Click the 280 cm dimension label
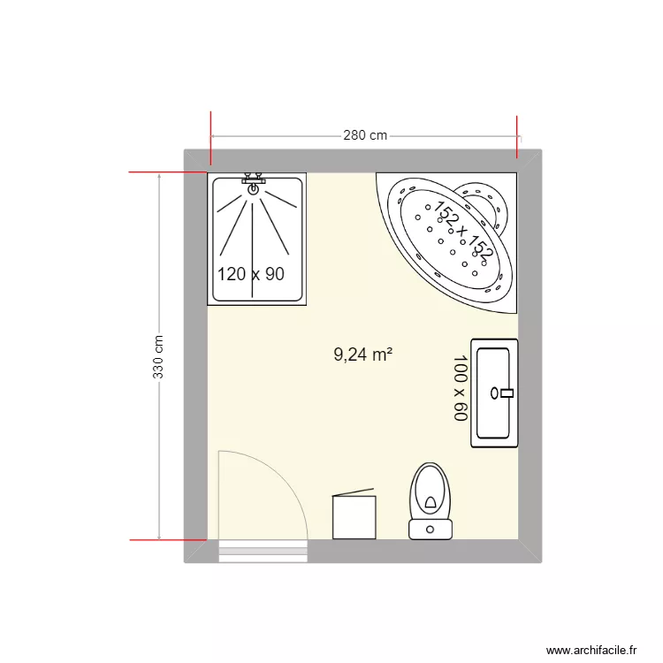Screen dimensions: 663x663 pos(365,136)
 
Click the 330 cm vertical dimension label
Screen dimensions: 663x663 pos(159,356)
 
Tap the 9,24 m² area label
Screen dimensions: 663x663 pos(362,355)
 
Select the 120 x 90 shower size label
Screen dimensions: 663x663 pos(251,274)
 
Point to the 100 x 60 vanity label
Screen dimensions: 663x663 pos(460,388)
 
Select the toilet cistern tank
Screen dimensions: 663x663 pos(431,530)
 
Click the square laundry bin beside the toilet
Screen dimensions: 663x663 pos(354,516)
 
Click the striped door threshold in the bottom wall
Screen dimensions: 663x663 pos(263,551)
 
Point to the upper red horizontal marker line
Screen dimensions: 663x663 pos(168,171)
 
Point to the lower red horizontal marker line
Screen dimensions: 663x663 pos(168,538)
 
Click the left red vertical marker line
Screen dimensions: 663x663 pos(211,138)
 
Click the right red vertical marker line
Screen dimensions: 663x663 pos(517,138)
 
